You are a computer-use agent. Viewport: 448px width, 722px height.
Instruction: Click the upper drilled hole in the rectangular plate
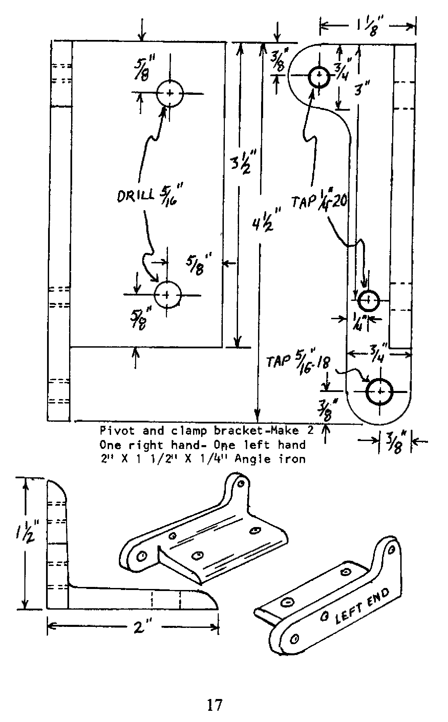point(170,93)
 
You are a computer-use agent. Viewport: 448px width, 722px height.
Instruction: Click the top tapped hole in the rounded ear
point(319,77)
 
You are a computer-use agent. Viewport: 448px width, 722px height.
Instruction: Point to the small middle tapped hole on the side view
point(368,300)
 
